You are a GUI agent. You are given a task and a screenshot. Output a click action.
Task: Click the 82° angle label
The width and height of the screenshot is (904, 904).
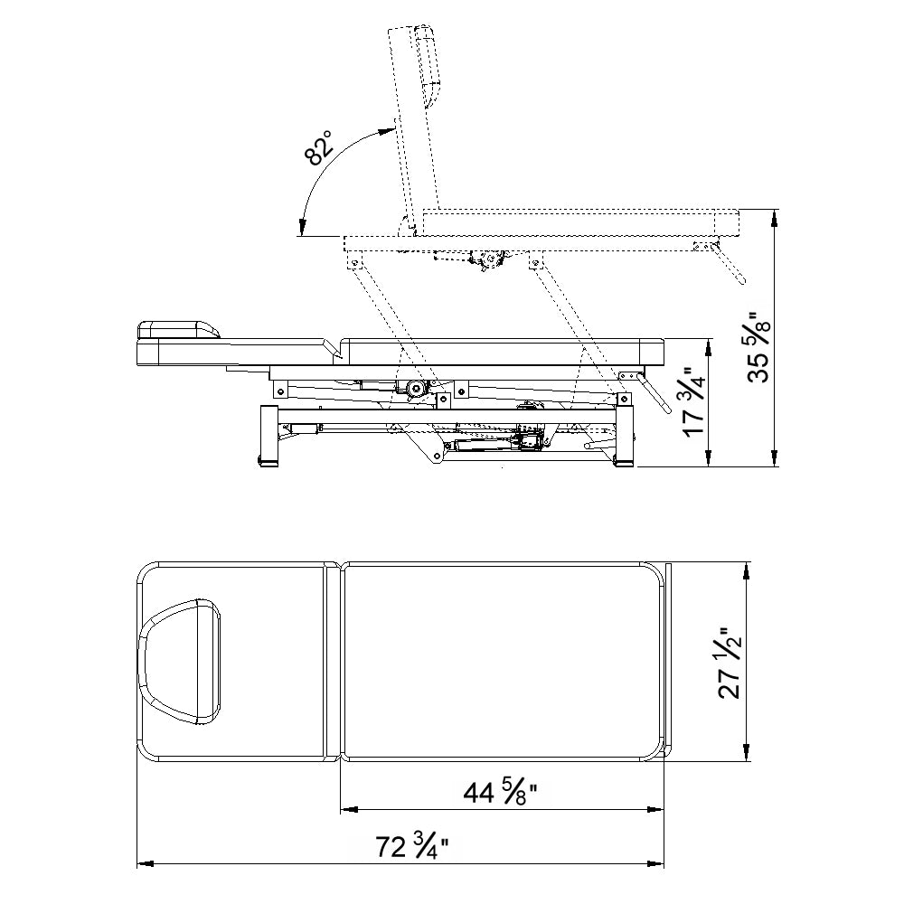coord(319,148)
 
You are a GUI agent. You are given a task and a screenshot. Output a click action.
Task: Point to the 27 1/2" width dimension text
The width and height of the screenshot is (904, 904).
coord(730,663)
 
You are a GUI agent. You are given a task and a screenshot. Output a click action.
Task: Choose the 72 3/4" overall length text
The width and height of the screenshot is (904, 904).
coord(412,847)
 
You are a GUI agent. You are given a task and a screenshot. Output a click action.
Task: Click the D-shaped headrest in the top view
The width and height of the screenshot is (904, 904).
coord(179,661)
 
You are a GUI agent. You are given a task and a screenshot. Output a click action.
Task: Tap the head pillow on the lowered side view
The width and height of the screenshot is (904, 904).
coord(178,330)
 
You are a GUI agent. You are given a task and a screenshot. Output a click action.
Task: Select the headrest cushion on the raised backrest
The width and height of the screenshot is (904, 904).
coord(427,65)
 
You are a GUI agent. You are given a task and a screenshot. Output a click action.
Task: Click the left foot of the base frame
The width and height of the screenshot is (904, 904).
coord(269,437)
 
